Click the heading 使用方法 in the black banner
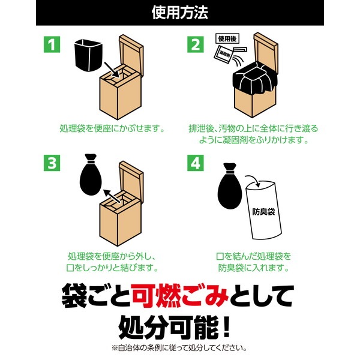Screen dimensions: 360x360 point(180,13)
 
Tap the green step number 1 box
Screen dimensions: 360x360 point(52,44)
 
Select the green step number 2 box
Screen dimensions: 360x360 point(196,44)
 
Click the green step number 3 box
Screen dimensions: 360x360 point(52,163)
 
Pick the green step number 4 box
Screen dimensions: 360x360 point(196,163)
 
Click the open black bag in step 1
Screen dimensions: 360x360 point(88,55)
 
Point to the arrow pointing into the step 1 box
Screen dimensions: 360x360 point(112,70)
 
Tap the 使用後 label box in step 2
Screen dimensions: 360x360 point(227,38)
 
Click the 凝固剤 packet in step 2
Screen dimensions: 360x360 point(223,54)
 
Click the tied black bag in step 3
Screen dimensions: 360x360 point(91,175)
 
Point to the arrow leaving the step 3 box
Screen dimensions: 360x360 point(112,196)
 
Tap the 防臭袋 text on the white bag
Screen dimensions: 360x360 point(263,211)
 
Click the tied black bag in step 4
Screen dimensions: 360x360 point(230,186)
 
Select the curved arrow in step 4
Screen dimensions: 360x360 point(253,179)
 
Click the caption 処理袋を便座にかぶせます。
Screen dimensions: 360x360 point(112,128)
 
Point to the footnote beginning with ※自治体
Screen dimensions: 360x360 point(179,348)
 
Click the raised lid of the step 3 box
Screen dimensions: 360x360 point(131,181)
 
